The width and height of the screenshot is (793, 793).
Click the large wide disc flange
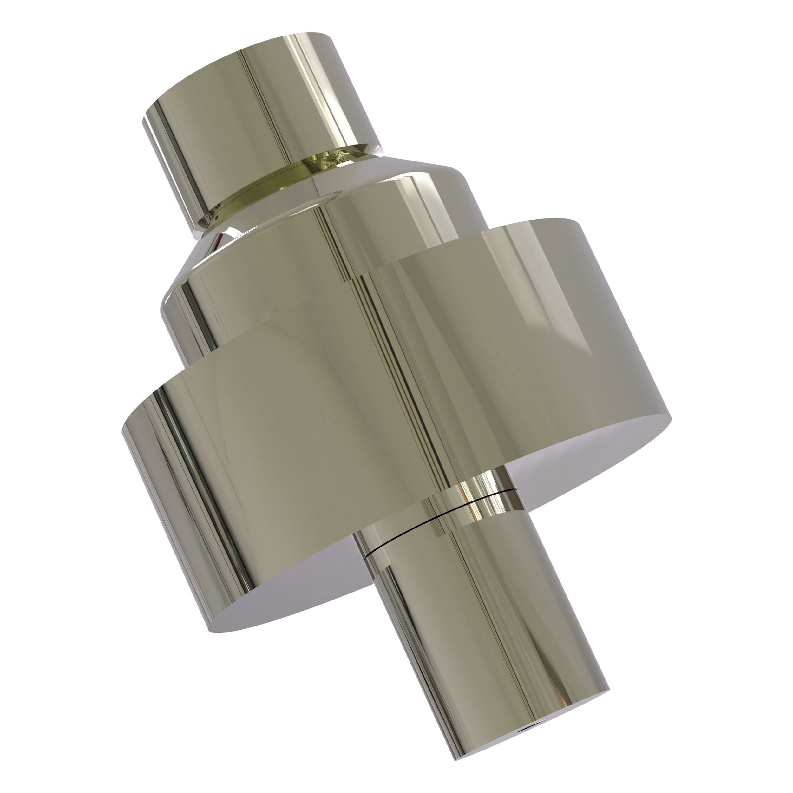(370, 410)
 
